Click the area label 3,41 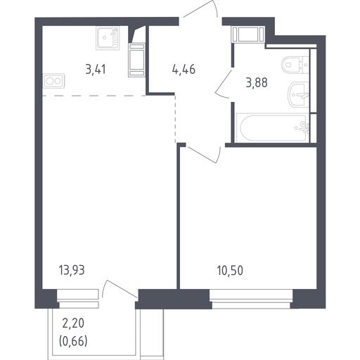point(96,70)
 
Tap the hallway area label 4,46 point(184,70)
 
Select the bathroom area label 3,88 point(257,83)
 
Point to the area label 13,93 point(72,270)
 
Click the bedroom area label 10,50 point(230,271)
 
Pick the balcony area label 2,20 point(73,323)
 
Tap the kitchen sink point(108,38)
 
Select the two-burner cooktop point(53,81)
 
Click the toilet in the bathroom point(295,65)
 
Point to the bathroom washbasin point(298,95)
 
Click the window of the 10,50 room point(251,299)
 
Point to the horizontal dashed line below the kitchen point(94,96)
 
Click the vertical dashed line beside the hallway point(175,119)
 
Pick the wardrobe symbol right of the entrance point(247,34)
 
